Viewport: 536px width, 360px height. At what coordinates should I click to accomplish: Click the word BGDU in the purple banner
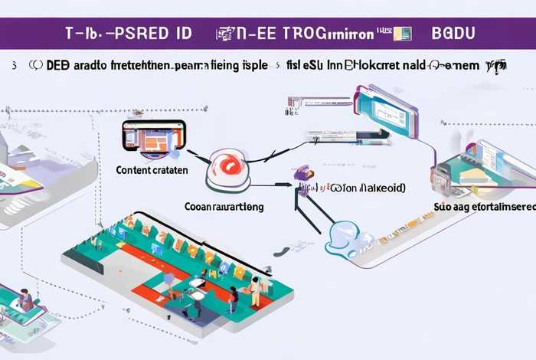point(453,34)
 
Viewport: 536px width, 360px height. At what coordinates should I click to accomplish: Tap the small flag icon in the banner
point(403,34)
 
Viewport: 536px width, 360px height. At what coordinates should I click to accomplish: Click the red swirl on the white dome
point(229,164)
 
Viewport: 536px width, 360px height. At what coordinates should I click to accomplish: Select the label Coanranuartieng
point(224,206)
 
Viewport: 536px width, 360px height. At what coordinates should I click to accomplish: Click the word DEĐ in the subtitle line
point(57,66)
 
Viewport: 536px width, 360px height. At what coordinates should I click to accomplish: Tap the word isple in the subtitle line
point(254,66)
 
